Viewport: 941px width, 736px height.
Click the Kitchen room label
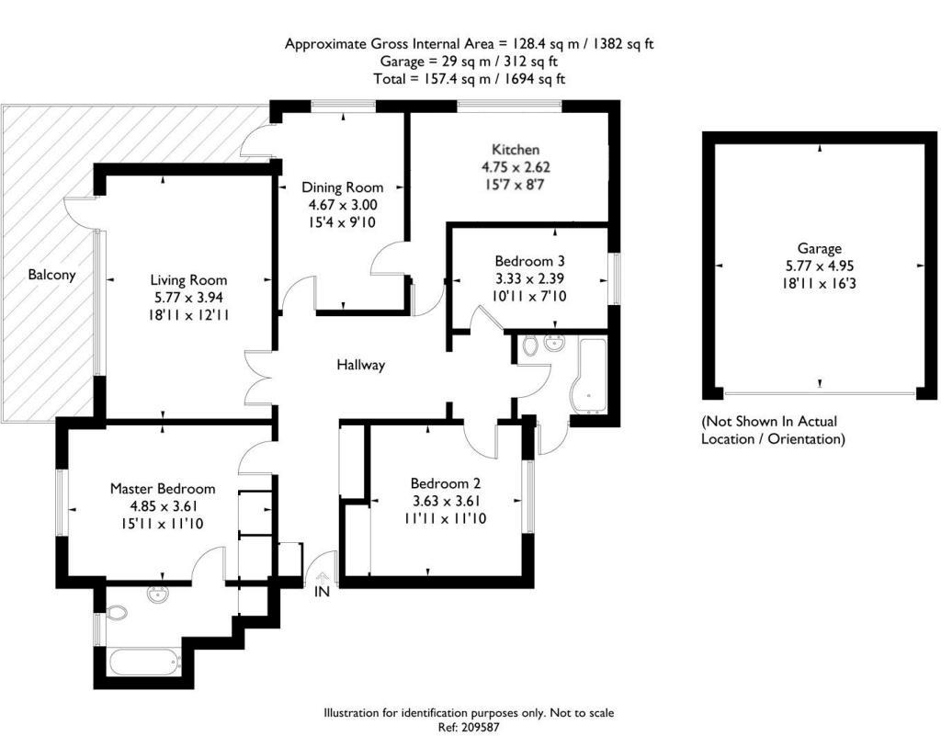pyautogui.click(x=516, y=150)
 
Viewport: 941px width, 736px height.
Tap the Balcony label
pyautogui.click(x=51, y=276)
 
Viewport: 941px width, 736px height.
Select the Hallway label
pyautogui.click(x=360, y=365)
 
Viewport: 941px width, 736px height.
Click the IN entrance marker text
pyautogui.click(x=323, y=592)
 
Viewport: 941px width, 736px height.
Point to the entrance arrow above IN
pyautogui.click(x=323, y=577)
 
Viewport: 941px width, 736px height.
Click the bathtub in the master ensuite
pyautogui.click(x=144, y=662)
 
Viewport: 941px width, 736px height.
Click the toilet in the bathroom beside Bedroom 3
pyautogui.click(x=530, y=346)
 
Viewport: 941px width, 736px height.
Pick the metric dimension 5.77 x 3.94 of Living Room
pyautogui.click(x=189, y=298)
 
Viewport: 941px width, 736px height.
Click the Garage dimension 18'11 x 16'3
pyautogui.click(x=819, y=283)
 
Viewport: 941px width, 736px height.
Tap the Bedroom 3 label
pyautogui.click(x=530, y=262)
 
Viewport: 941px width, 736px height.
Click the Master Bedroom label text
pyautogui.click(x=163, y=489)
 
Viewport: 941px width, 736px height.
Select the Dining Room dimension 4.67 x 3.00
pyautogui.click(x=342, y=205)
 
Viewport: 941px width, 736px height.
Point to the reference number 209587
pyautogui.click(x=479, y=727)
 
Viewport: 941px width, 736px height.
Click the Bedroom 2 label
pyautogui.click(x=446, y=483)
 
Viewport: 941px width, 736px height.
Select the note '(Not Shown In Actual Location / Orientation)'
pyautogui.click(x=772, y=430)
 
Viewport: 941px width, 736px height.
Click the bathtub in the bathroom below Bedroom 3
pyautogui.click(x=588, y=377)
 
